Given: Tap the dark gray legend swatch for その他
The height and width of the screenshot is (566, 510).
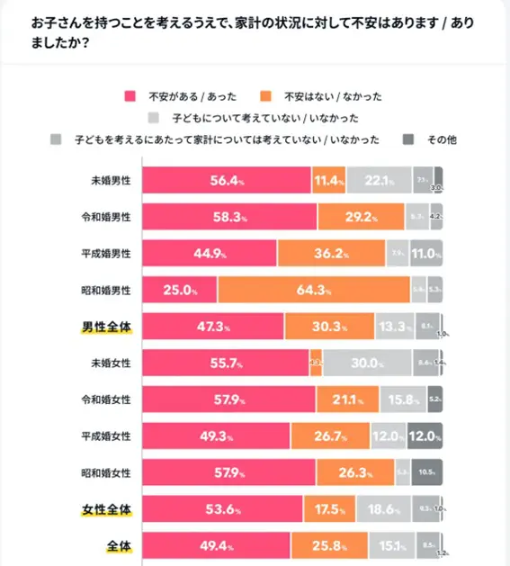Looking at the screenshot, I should pos(406,139).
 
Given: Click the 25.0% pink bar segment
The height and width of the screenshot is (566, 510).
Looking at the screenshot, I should pos(180,290).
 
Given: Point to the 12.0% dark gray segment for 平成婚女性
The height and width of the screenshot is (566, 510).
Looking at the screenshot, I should pos(425,436).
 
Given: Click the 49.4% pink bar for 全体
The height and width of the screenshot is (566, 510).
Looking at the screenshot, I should pos(217,546).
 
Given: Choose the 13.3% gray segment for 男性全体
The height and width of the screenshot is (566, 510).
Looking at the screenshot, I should pos(395,327).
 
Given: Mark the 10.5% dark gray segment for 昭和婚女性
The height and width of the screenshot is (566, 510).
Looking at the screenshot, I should pos(427,472).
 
